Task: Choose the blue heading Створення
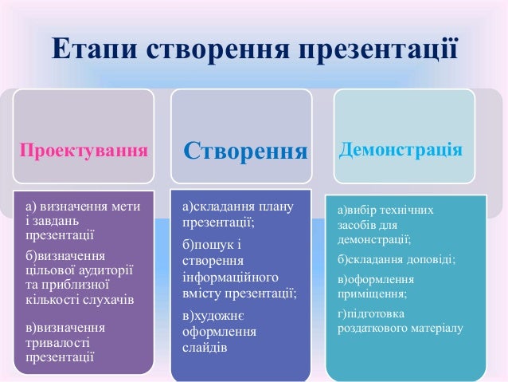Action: click(246, 151)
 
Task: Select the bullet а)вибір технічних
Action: click(385, 210)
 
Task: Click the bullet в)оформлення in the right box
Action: click(374, 279)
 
